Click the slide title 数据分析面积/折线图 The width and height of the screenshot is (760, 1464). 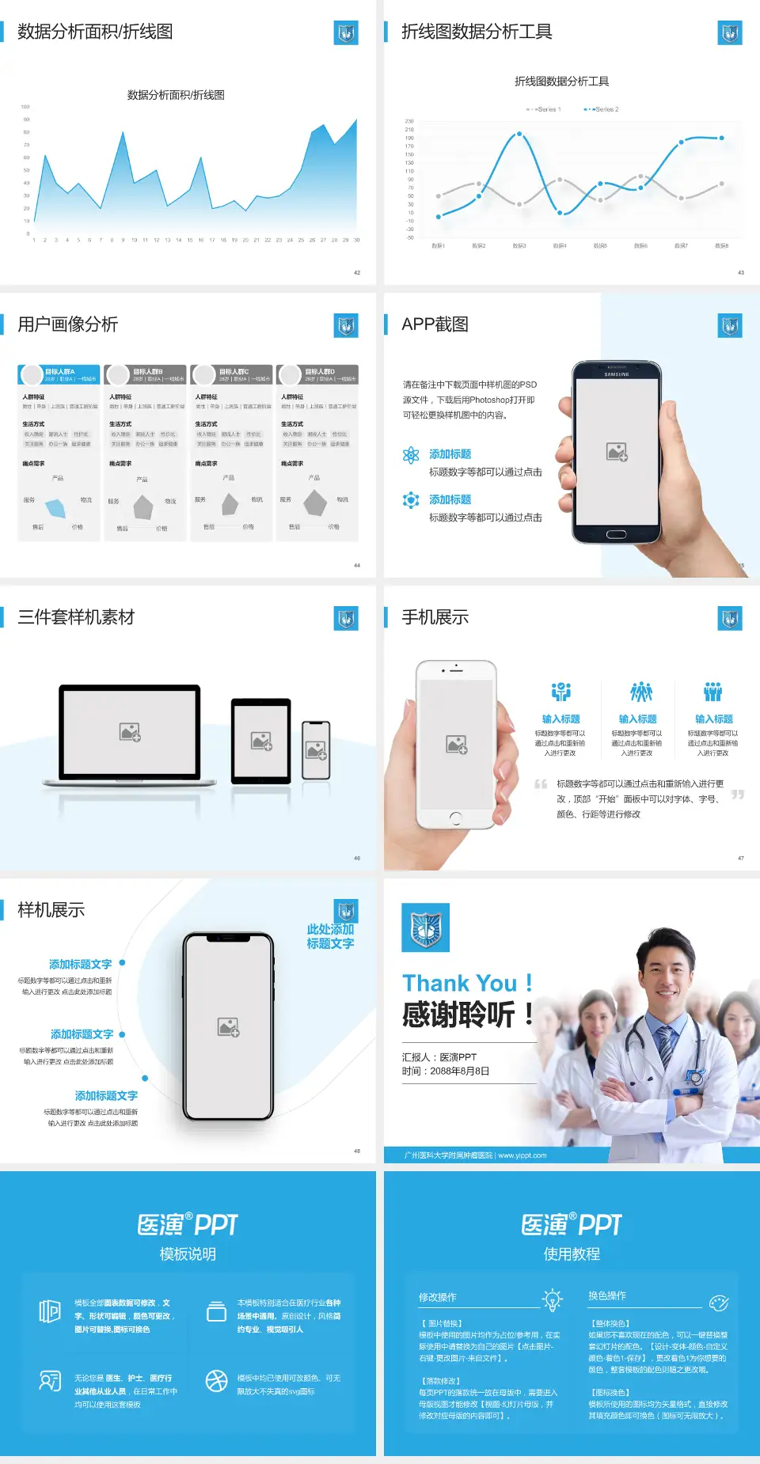95,32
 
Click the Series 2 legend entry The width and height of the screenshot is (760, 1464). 602,109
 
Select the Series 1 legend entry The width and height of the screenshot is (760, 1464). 545,109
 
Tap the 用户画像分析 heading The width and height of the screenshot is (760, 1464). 68,324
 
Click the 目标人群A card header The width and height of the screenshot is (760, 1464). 59,374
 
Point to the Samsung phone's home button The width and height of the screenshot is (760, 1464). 616,535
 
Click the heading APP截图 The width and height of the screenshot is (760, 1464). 435,324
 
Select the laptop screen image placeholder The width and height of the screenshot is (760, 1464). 130,732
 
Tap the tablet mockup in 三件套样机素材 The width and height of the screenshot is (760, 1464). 261,741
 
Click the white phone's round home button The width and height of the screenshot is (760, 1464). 456,817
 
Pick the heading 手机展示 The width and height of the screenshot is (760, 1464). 435,617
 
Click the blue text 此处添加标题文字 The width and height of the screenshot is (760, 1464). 330,936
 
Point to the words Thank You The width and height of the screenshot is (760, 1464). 459,984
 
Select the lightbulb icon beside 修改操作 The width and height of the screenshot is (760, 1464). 552,1299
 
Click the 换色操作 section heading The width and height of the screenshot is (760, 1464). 607,1296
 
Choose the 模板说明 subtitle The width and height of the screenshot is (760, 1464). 188,1254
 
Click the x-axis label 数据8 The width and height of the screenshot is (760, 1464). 721,246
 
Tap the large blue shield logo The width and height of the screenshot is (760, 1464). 426,927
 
